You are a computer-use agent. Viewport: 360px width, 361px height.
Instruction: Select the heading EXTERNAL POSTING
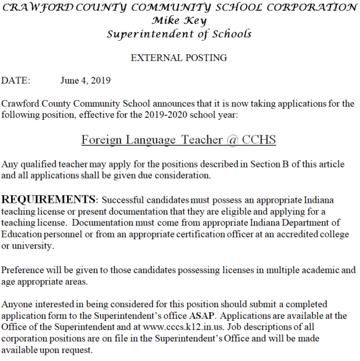click(179, 57)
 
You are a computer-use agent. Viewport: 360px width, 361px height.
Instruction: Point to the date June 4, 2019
click(86, 80)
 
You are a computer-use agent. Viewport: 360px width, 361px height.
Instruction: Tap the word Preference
click(24, 270)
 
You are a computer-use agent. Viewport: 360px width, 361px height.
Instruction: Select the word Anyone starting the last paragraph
click(18, 305)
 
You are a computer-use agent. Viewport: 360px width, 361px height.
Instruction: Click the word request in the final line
click(77, 350)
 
